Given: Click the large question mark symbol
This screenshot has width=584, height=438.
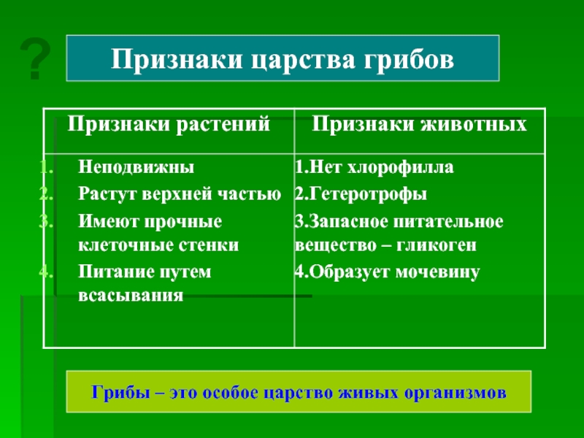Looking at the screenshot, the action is [x=35, y=59].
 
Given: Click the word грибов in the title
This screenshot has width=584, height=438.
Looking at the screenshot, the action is [x=409, y=59].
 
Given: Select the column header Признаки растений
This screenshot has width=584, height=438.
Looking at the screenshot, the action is [x=169, y=124].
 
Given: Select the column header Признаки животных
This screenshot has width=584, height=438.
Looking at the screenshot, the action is [x=419, y=124].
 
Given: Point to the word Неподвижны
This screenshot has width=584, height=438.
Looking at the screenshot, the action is [x=137, y=167].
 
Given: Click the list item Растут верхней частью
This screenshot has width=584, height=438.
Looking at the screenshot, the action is [x=180, y=194].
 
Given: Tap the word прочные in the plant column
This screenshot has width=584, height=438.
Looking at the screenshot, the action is [x=183, y=222].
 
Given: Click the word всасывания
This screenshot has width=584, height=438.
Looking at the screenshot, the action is [x=131, y=296].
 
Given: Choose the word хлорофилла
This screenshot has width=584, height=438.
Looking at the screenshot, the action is [x=401, y=167].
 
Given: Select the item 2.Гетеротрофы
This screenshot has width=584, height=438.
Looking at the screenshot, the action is [x=361, y=194].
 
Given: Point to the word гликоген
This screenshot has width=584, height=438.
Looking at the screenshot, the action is [x=436, y=245].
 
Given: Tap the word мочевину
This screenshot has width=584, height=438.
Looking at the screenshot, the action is [x=437, y=272].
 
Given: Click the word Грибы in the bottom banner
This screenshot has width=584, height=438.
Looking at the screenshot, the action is [x=120, y=393].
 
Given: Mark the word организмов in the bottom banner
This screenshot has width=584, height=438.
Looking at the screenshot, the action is [x=455, y=393].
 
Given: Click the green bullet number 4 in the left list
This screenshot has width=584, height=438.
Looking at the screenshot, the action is [x=46, y=272].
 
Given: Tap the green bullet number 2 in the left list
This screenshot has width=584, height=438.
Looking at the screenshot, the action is [x=46, y=193].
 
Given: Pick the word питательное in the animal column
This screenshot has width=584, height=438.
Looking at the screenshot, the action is [x=448, y=222].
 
